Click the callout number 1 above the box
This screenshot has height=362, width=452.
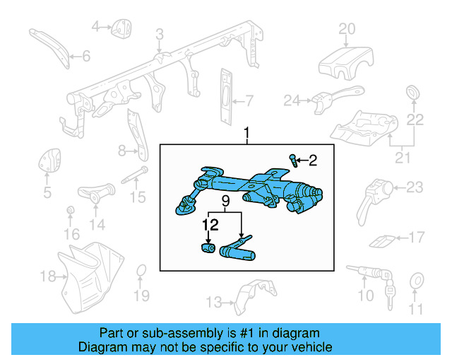[247, 133]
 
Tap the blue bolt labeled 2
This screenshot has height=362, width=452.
[293, 160]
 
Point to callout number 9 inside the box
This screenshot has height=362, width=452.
[225, 202]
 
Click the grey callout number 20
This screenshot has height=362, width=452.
[346, 29]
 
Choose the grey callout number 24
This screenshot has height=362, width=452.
[292, 100]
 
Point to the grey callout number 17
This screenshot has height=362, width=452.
[417, 237]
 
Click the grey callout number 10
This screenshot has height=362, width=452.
[366, 295]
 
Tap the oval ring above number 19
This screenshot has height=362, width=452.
[141, 271]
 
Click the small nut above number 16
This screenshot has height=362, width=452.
[71, 212]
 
